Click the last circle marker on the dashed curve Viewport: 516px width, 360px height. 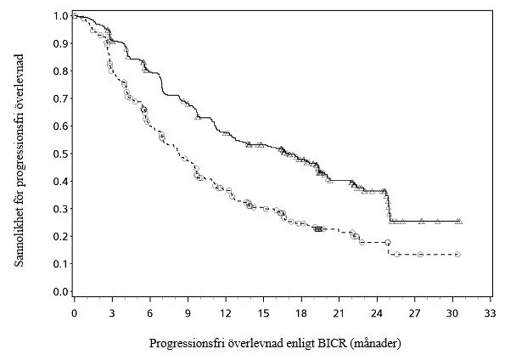457,254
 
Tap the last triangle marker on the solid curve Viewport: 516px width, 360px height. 459,222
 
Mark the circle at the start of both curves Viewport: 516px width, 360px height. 75,15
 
